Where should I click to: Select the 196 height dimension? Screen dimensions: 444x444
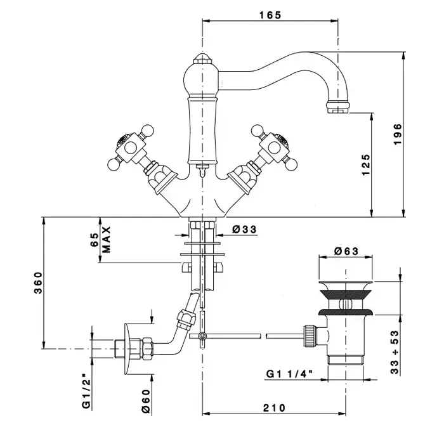coord(398,134)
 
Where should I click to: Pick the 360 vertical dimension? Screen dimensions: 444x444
coord(37,284)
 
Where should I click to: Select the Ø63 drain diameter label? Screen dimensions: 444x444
coord(347,251)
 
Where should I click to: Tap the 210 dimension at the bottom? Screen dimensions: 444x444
coord(273,408)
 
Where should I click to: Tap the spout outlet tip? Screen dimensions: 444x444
coord(337,110)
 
